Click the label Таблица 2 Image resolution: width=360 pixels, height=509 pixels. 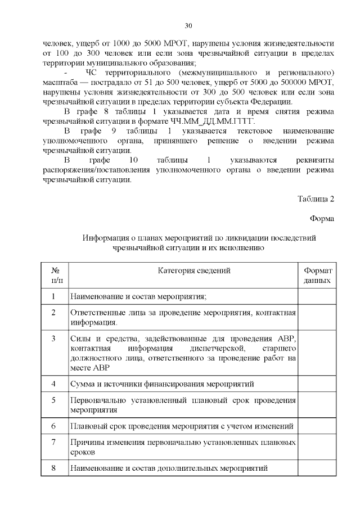click(316, 199)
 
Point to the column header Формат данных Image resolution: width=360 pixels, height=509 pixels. click(317, 275)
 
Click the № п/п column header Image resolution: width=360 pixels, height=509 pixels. click(55, 275)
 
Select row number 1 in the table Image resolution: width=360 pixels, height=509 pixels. click(53, 296)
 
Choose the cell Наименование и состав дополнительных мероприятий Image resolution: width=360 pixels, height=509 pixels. click(169, 468)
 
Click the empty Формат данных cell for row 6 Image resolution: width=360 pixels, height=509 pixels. click(317, 426)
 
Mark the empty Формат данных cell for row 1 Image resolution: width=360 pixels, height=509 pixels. click(317, 296)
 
